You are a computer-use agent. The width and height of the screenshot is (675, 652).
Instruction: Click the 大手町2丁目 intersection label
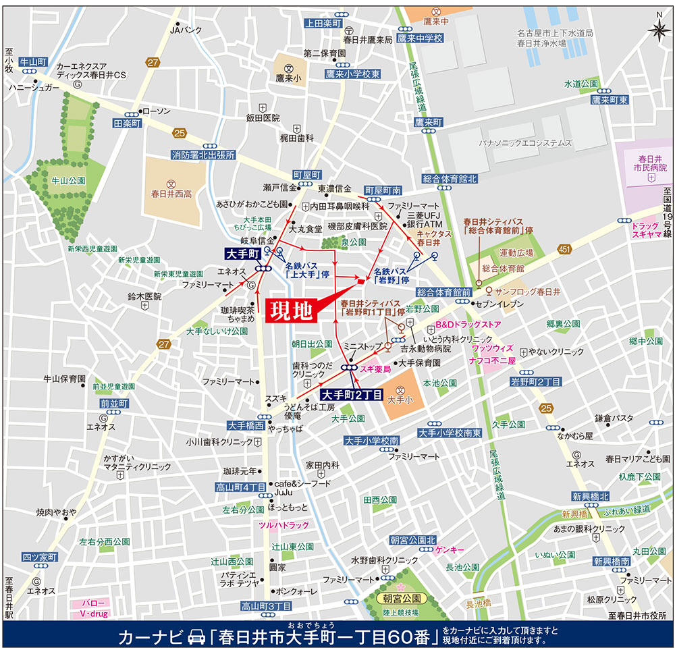click(x=352, y=394)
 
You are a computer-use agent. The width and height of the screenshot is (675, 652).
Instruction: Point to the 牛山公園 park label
click(x=67, y=181)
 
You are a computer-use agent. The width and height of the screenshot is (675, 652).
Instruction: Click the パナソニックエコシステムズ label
click(x=525, y=143)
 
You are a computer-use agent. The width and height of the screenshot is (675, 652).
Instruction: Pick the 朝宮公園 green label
click(x=402, y=599)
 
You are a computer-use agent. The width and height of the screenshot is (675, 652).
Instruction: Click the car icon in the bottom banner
click(x=196, y=636)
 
